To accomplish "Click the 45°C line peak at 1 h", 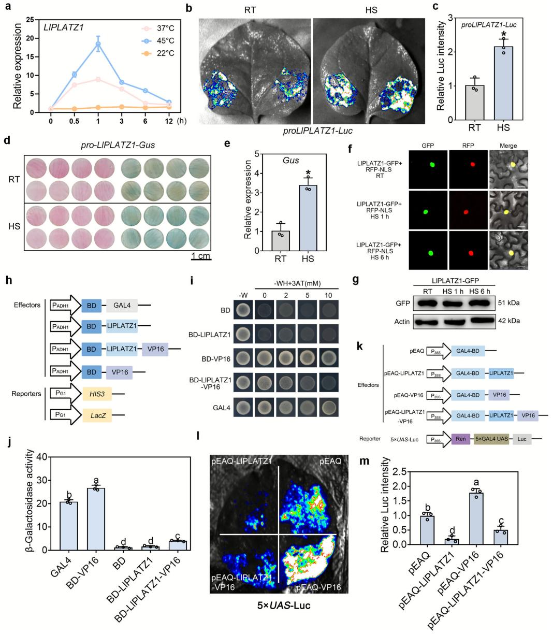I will click(96, 44).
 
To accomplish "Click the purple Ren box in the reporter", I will click(460, 439).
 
